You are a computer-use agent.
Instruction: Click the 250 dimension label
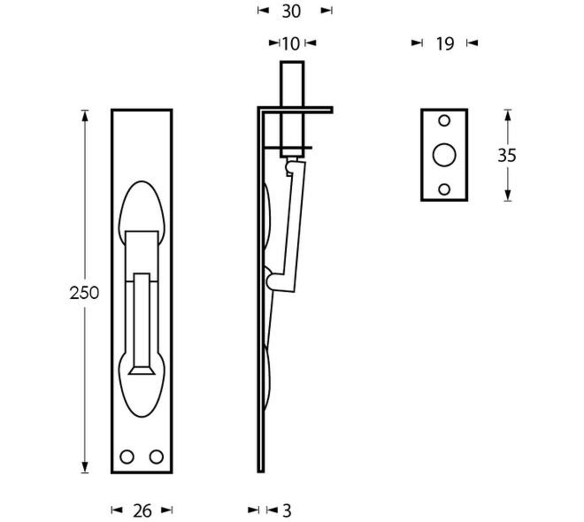pos(84,293)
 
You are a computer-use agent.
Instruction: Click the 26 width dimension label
pos(142,511)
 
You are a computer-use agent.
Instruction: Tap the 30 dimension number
pos(291,11)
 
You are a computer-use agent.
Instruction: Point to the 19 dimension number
pos(445,44)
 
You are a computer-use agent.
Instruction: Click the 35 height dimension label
pos(507,155)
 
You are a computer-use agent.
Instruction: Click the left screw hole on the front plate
pos(127,457)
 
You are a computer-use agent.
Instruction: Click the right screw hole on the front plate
pos(156,457)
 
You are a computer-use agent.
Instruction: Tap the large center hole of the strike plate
pos(444,155)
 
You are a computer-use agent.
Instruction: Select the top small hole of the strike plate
pos(444,121)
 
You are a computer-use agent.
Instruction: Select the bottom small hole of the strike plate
pos(444,189)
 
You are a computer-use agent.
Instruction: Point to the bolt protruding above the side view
pos(292,84)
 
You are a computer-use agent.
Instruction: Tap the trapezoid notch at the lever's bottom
pos(141,370)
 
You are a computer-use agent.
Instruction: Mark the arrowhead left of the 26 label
pos(117,510)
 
